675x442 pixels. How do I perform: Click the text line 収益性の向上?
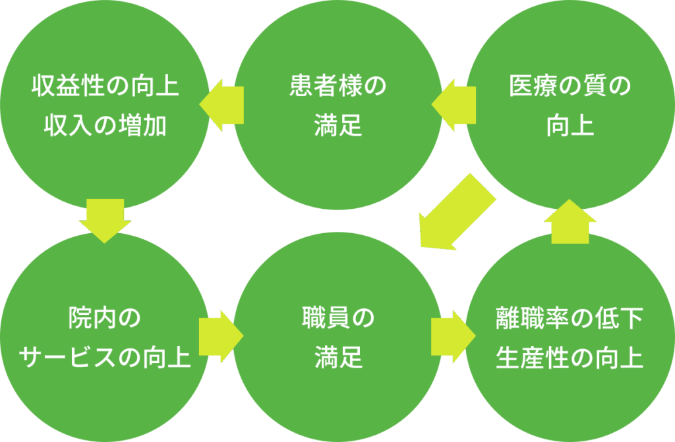[105, 87]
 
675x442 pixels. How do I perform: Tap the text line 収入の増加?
[105, 125]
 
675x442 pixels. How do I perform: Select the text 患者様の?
[338, 87]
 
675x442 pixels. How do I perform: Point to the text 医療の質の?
[570, 87]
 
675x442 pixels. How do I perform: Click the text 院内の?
[105, 319]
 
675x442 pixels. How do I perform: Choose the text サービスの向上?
[105, 358]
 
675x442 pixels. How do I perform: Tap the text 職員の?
[338, 319]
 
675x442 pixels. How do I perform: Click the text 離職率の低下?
[570, 319]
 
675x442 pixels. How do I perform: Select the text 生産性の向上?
[570, 358]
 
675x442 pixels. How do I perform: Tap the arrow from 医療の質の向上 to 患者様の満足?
[454, 105]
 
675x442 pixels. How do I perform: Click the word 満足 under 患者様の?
[338, 125]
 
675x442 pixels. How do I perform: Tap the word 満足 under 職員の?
[338, 358]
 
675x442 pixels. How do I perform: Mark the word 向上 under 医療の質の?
[570, 125]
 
